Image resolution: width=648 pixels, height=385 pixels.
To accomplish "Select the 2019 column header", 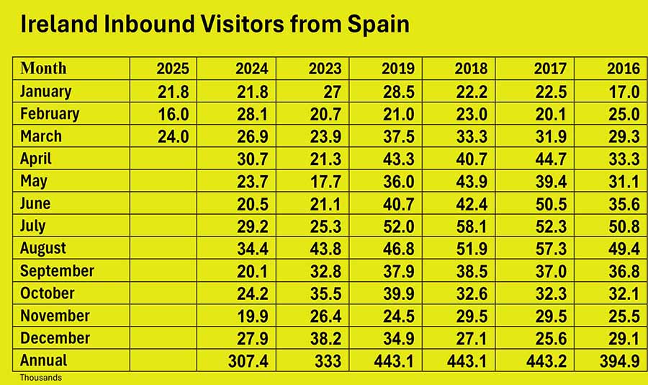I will [398, 69].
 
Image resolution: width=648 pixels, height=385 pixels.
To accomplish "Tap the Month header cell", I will [44, 68].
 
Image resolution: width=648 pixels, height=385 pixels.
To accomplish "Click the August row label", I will [43, 248].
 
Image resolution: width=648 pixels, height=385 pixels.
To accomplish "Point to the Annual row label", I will [44, 360].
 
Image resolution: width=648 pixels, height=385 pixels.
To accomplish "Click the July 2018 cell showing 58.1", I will [471, 226].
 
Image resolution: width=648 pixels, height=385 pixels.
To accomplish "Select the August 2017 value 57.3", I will [550, 248].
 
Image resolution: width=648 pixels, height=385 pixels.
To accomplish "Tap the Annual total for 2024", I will [251, 360].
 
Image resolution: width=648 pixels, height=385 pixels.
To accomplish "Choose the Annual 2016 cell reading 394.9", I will [621, 360].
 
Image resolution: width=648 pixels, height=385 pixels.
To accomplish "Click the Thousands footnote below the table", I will [40, 377].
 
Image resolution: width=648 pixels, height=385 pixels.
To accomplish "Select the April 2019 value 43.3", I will [398, 159].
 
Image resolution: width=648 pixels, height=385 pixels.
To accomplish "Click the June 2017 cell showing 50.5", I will [550, 203].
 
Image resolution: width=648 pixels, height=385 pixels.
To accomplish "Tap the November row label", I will [55, 316].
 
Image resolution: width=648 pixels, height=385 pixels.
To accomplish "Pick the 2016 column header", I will [623, 69].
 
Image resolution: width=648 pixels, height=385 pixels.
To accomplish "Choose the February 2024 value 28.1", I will [251, 114].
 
